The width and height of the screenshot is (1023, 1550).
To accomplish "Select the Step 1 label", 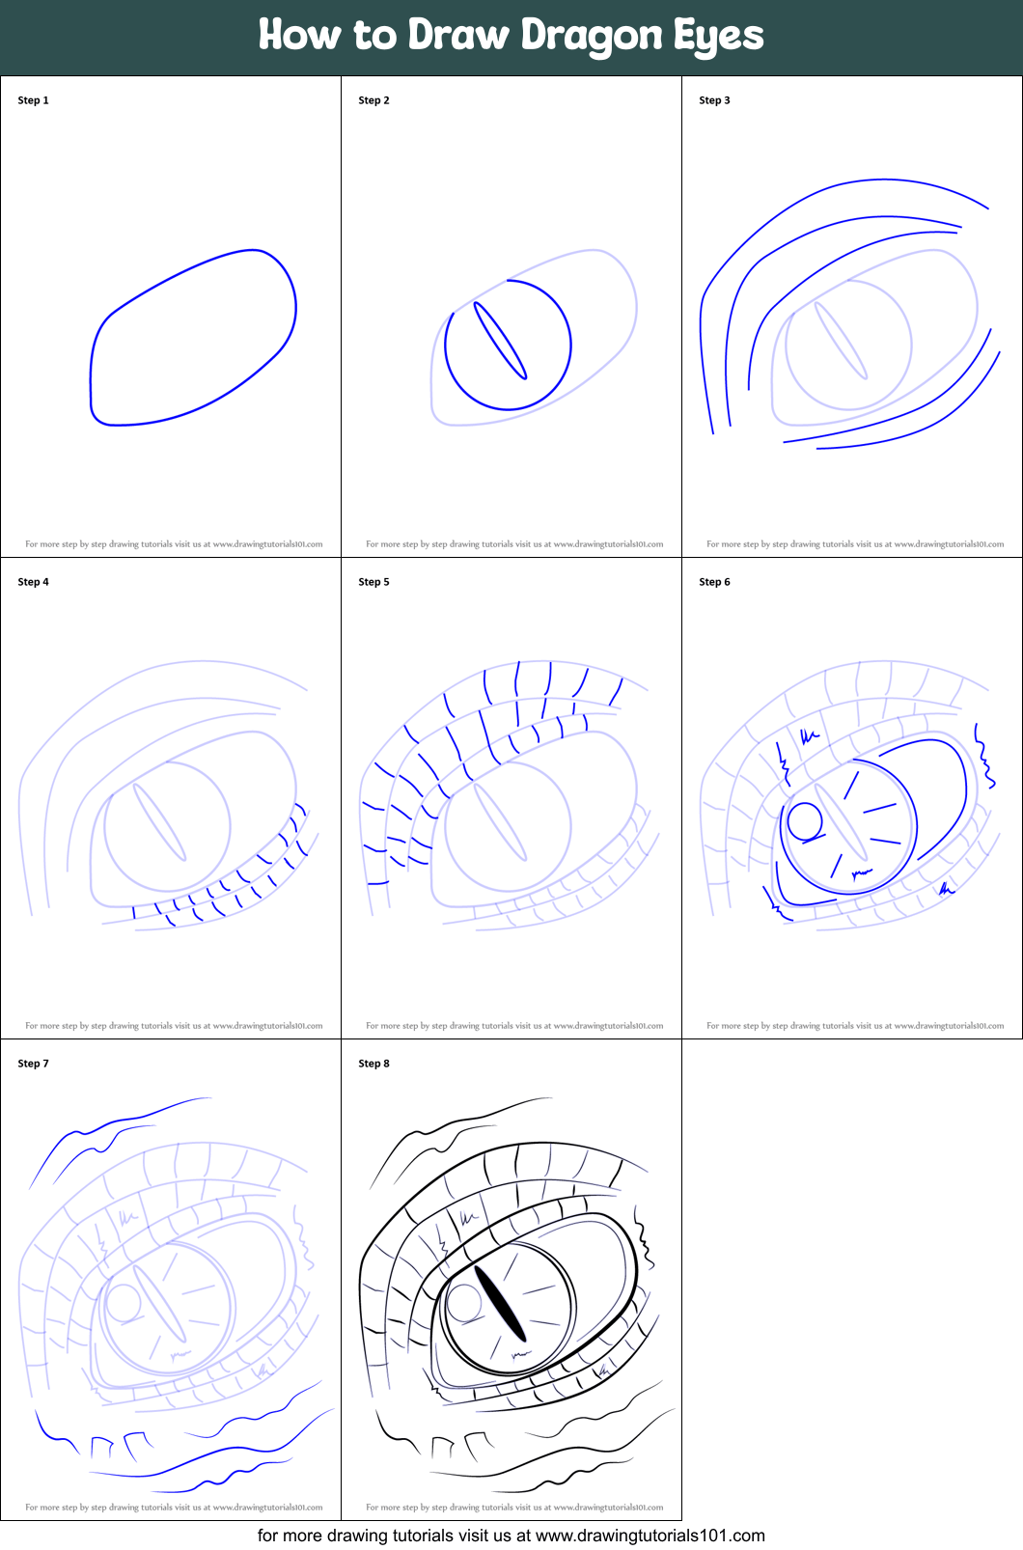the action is tap(33, 100).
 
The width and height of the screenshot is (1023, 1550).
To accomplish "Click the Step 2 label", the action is tap(373, 100).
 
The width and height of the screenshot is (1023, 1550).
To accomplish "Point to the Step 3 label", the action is tap(714, 100).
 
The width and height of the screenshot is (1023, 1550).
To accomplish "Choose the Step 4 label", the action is tap(33, 582).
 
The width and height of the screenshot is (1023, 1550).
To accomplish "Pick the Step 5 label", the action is tap(373, 582).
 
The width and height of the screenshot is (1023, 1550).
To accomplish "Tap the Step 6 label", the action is tap(714, 582).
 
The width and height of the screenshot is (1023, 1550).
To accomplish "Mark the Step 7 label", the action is tap(33, 1064).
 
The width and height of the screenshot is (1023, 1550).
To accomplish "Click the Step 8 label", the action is tap(373, 1064).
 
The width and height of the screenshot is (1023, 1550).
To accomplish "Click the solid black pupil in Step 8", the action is tap(501, 1304).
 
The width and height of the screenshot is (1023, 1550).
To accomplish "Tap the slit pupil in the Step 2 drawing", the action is tap(501, 341).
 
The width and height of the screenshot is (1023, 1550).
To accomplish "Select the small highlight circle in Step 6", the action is tap(805, 821).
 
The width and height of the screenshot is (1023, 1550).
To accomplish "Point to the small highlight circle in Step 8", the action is tap(464, 1303).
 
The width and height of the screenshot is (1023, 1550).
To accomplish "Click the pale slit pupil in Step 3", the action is tap(841, 341).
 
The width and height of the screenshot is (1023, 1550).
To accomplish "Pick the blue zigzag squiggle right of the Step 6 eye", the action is tap(985, 757).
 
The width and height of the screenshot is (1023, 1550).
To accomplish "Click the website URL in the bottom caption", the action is tap(650, 1536).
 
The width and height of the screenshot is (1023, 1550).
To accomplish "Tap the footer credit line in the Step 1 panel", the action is tap(174, 544).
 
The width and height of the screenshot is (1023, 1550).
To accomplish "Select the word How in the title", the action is tap(300, 36).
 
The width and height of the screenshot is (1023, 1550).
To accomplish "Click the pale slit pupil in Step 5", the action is tap(501, 822).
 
